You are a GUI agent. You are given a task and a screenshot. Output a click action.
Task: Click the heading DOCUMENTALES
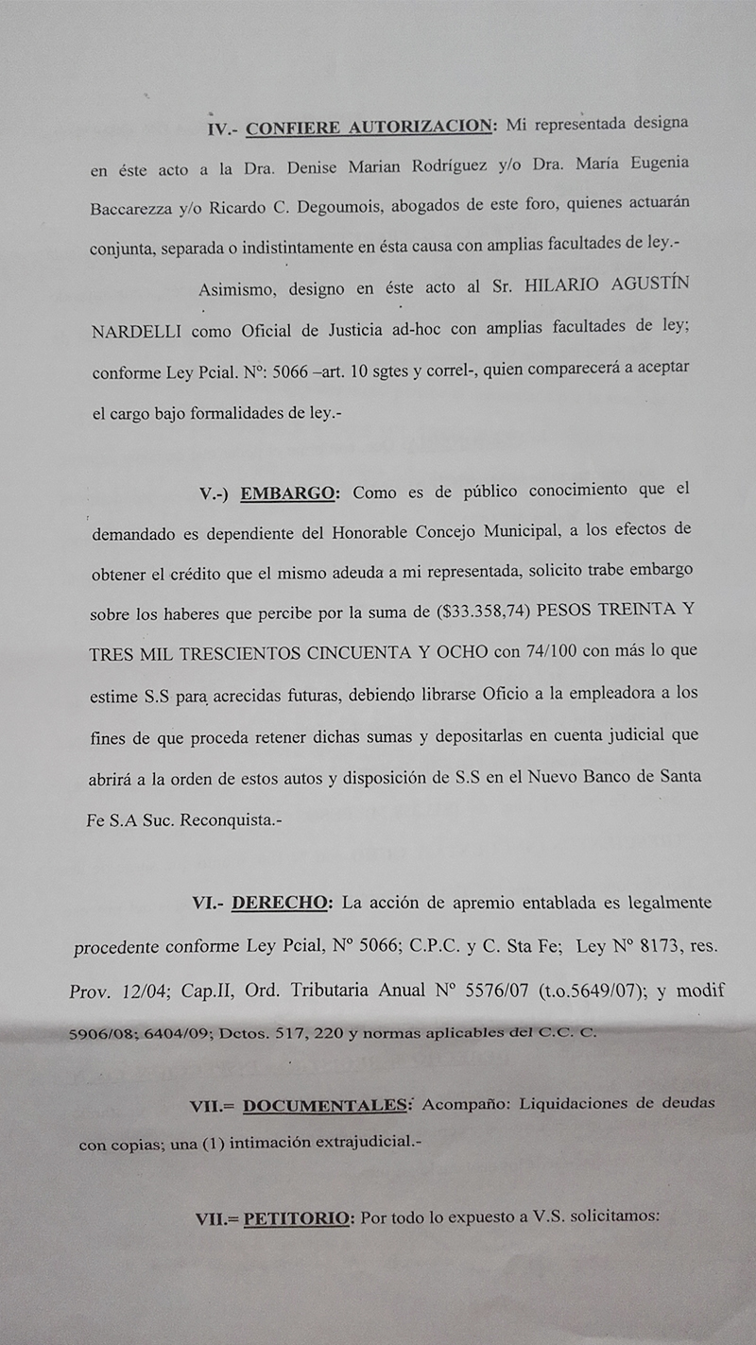326,1104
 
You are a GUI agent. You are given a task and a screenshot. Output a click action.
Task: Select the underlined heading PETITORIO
297,1218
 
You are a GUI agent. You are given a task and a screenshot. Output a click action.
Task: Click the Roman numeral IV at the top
217,129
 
